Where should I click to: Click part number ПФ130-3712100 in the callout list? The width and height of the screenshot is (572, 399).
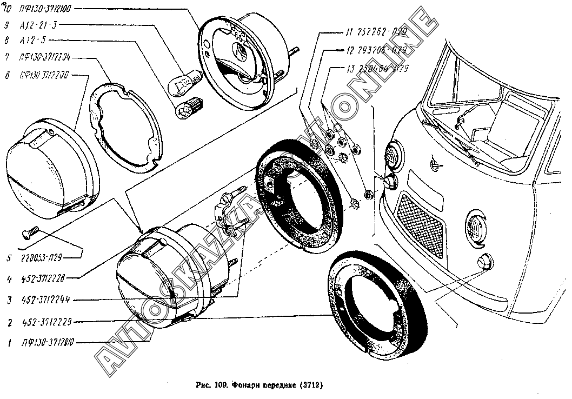click(x=48, y=9)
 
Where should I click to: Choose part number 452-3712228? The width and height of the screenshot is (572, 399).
click(x=43, y=279)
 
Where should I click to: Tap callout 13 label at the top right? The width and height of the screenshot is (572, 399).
click(x=377, y=69)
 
